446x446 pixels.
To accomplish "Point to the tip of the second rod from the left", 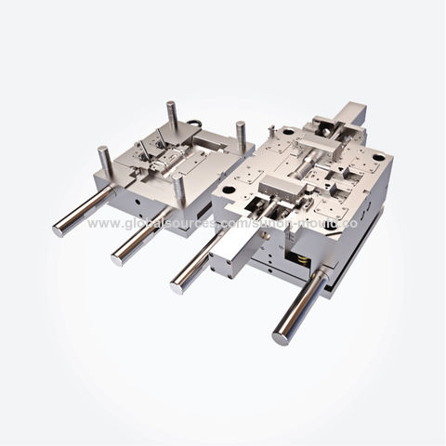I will [x=119, y=258].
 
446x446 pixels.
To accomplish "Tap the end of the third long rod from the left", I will [x=177, y=285].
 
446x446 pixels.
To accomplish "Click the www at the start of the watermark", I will [x=101, y=224].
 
